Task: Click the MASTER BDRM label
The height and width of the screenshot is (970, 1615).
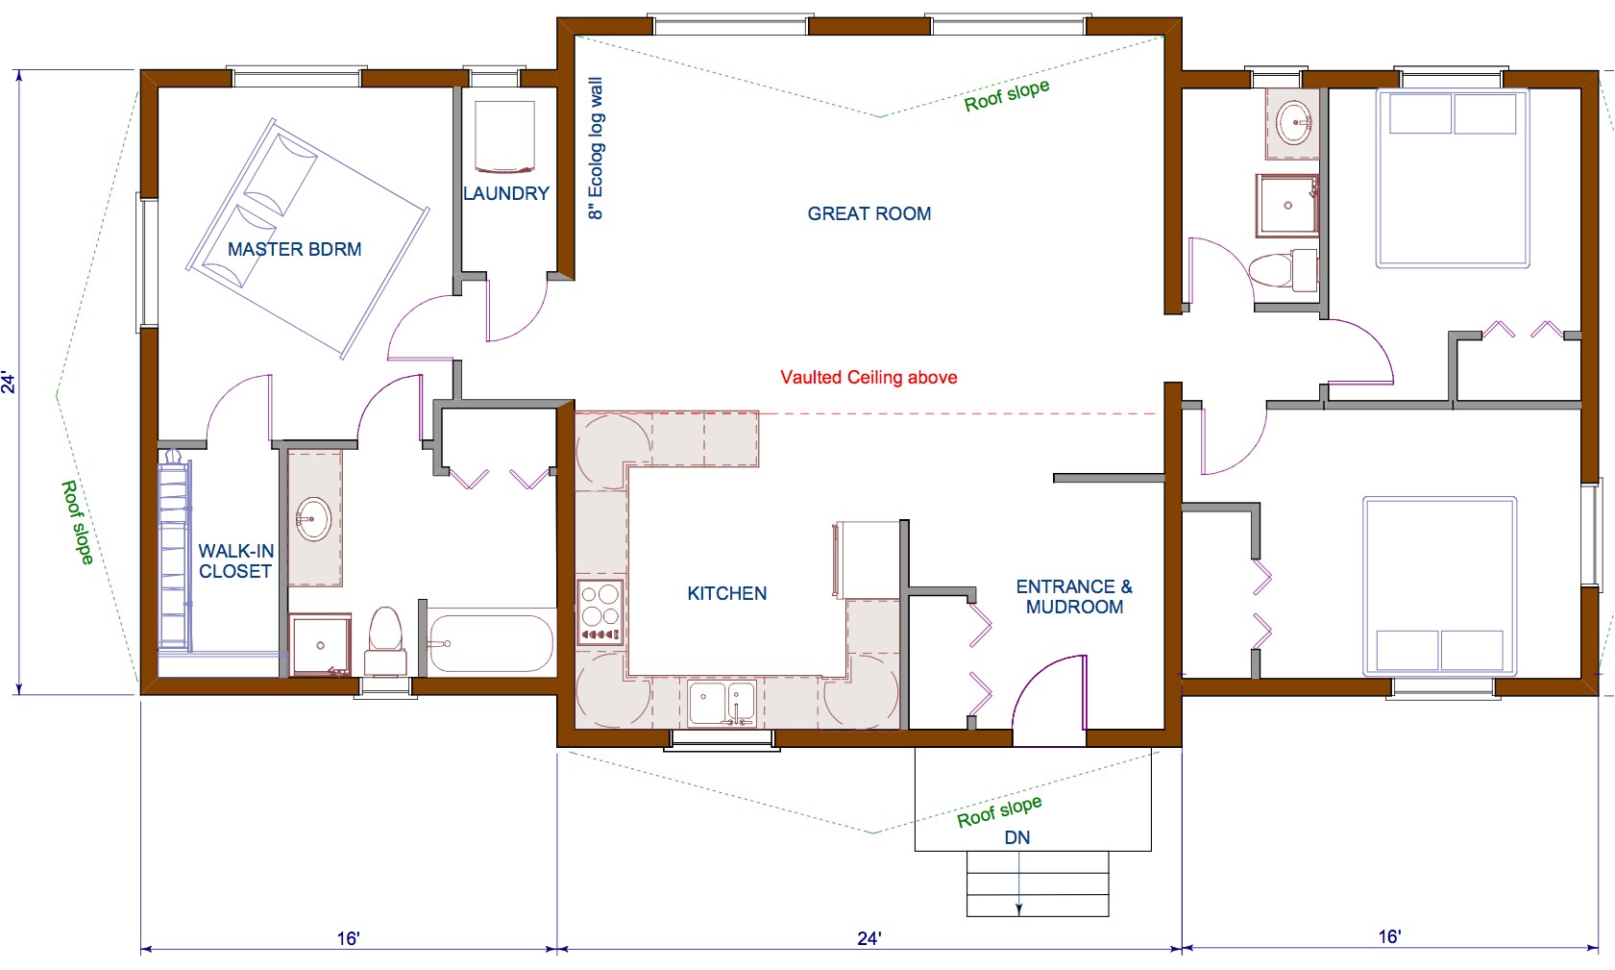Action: (x=294, y=249)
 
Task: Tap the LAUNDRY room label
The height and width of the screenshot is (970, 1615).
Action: (x=505, y=193)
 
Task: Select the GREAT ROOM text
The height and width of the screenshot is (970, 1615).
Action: (x=869, y=213)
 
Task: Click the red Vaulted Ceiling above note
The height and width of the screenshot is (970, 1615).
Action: (x=869, y=377)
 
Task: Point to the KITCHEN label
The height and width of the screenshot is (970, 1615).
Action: (x=726, y=593)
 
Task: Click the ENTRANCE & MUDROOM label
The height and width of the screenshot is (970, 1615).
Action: (x=1074, y=596)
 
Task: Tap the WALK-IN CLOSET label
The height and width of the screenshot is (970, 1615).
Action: (x=235, y=560)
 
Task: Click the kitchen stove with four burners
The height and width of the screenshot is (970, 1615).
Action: (x=600, y=611)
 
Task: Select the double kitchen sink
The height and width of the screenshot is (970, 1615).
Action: (x=722, y=703)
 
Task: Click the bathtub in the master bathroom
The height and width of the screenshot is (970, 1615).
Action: (x=490, y=643)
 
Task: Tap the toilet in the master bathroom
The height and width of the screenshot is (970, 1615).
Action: (x=385, y=641)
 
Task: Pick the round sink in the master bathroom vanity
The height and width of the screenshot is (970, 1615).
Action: (x=313, y=519)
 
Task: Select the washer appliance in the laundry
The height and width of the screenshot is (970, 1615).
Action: (x=504, y=137)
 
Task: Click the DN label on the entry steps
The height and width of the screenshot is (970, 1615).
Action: (x=1016, y=837)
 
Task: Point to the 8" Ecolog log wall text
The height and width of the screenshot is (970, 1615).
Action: (x=596, y=149)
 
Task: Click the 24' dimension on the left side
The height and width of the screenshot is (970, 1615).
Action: (x=9, y=382)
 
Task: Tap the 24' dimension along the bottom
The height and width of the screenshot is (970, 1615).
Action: (x=869, y=937)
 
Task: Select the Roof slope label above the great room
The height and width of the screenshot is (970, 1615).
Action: (x=1006, y=95)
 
